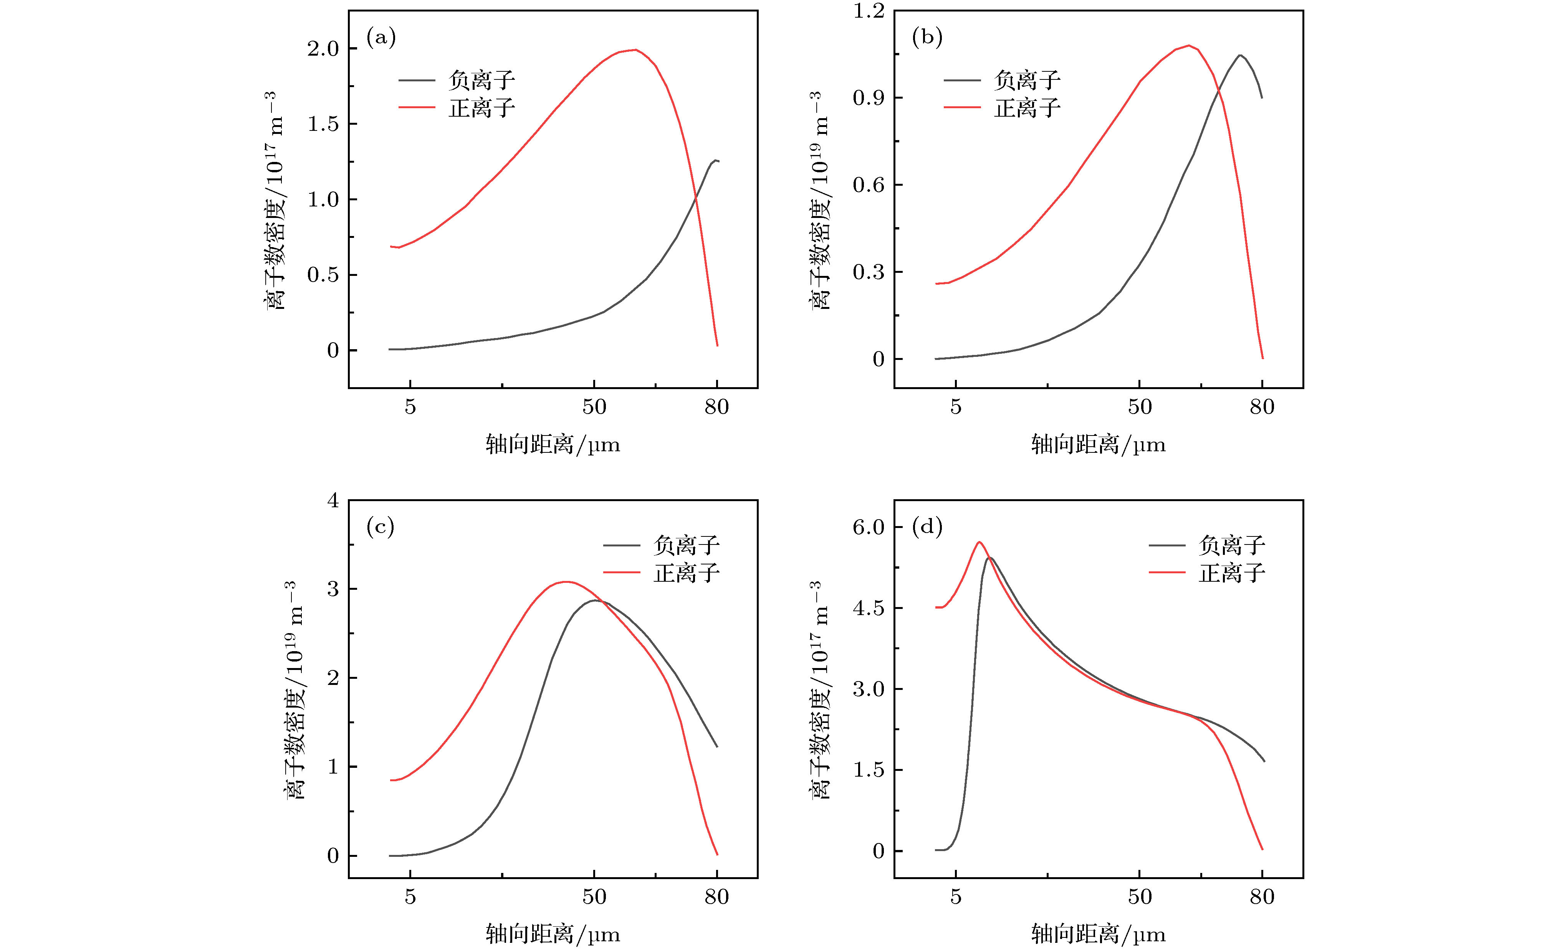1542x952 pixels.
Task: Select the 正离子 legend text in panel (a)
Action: pyautogui.click(x=482, y=108)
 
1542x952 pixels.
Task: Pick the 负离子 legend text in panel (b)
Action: pyautogui.click(x=1027, y=80)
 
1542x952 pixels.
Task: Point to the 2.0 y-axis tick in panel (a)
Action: pyautogui.click(x=323, y=49)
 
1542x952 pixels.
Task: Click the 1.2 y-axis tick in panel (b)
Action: pyautogui.click(x=869, y=12)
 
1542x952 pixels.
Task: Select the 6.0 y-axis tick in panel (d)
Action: pyautogui.click(x=869, y=527)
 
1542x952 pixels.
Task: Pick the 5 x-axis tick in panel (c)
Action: pyautogui.click(x=410, y=897)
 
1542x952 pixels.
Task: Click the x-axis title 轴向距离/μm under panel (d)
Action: pyautogui.click(x=1098, y=934)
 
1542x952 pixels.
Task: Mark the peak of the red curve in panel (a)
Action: pyautogui.click(x=635, y=50)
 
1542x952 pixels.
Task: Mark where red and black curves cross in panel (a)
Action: pyautogui.click(x=695, y=200)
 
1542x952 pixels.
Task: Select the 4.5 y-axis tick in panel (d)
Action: pyautogui.click(x=869, y=608)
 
